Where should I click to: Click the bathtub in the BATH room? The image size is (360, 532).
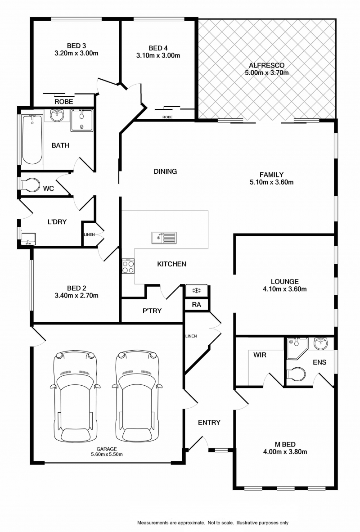click(32, 140)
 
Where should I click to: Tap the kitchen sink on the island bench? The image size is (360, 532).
click(164, 238)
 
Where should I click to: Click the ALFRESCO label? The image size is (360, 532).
click(267, 65)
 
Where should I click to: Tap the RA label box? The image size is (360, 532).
click(197, 304)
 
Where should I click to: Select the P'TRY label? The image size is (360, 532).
click(152, 311)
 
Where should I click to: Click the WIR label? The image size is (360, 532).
click(260, 355)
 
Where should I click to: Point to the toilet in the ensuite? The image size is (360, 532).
click(296, 374)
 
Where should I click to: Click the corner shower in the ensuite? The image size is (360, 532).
click(297, 348)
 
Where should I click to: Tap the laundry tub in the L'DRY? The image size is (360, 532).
click(28, 239)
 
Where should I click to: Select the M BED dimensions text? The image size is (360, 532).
click(285, 451)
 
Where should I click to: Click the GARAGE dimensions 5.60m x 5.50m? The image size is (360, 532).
click(107, 454)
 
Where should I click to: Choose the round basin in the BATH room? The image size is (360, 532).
click(57, 115)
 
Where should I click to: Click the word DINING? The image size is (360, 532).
click(165, 171)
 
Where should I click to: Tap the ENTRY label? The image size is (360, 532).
click(209, 423)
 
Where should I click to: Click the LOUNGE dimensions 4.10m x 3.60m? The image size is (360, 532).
click(285, 289)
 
